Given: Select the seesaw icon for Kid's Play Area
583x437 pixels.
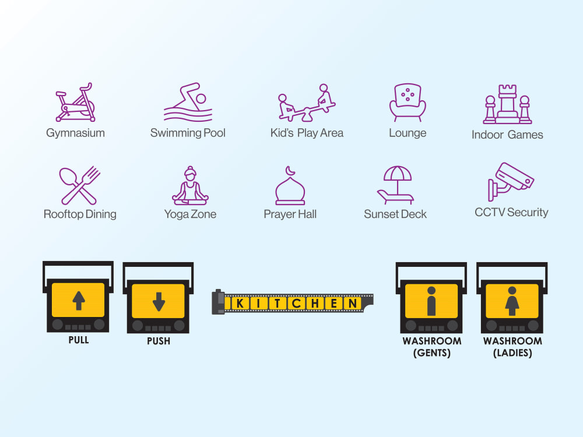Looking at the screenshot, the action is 307,103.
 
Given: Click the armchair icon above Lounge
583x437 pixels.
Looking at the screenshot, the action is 408,103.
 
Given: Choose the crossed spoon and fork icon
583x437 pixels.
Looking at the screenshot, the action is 79,185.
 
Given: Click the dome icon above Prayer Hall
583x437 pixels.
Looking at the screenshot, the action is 290,185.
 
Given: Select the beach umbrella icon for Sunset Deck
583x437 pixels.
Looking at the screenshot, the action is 396,185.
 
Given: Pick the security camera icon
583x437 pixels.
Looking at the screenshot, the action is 511,182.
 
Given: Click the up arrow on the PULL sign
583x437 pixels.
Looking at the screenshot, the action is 79,301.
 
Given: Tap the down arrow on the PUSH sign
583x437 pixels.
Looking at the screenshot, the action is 159,301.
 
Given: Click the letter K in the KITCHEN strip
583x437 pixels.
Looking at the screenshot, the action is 240,303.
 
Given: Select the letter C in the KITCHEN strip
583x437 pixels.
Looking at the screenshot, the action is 296,303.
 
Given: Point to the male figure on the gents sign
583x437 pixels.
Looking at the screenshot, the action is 431,301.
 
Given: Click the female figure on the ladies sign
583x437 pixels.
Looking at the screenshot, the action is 512,301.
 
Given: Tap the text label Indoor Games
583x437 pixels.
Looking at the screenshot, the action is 507,135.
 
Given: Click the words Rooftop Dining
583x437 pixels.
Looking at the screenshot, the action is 80,214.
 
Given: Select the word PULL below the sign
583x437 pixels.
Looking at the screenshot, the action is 79,340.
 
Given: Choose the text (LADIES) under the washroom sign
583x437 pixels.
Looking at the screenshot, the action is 512,353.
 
